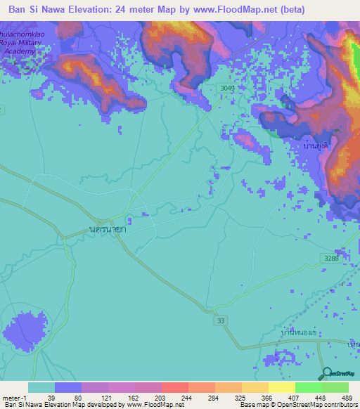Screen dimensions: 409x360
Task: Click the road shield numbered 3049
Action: [226, 87]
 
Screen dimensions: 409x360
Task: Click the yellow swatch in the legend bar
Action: [281, 387]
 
